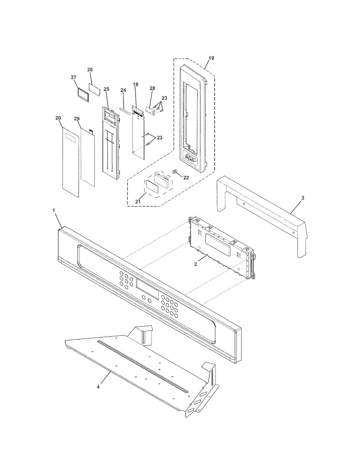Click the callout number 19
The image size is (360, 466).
(211, 58)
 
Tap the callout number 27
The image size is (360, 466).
(73, 77)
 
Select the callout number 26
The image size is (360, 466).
(90, 70)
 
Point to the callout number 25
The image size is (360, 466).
(106, 89)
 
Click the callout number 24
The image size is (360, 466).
(123, 90)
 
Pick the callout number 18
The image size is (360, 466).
(136, 84)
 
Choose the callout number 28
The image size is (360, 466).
(152, 88)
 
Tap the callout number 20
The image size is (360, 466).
(58, 118)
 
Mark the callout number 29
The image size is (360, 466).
(77, 118)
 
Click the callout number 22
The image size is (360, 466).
(186, 177)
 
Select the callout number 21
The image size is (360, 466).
(137, 202)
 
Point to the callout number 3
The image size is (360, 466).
(303, 198)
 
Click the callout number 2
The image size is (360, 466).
(196, 264)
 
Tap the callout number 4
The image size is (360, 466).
(98, 387)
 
